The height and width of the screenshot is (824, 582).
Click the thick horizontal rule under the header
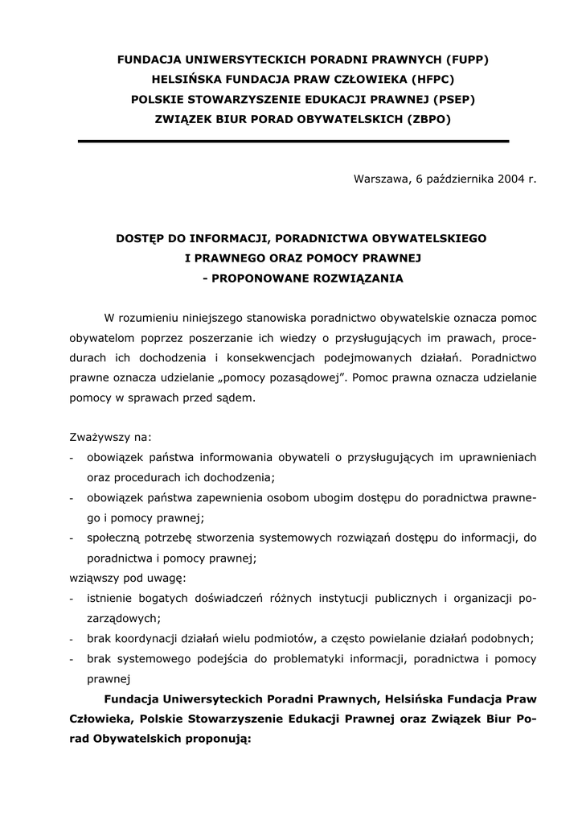coord(293,142)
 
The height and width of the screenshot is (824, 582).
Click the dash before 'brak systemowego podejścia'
coord(72,658)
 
